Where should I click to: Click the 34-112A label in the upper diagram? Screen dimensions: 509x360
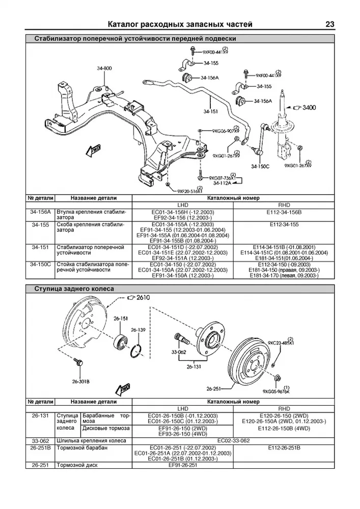pyautogui.click(x=223, y=182)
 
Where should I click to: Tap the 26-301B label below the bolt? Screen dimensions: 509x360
pyautogui.click(x=80, y=381)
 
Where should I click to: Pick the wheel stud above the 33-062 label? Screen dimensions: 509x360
pyautogui.click(x=181, y=337)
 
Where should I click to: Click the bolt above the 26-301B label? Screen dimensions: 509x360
pyautogui.click(x=78, y=362)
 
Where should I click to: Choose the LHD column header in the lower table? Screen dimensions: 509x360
pyautogui.click(x=182, y=409)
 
